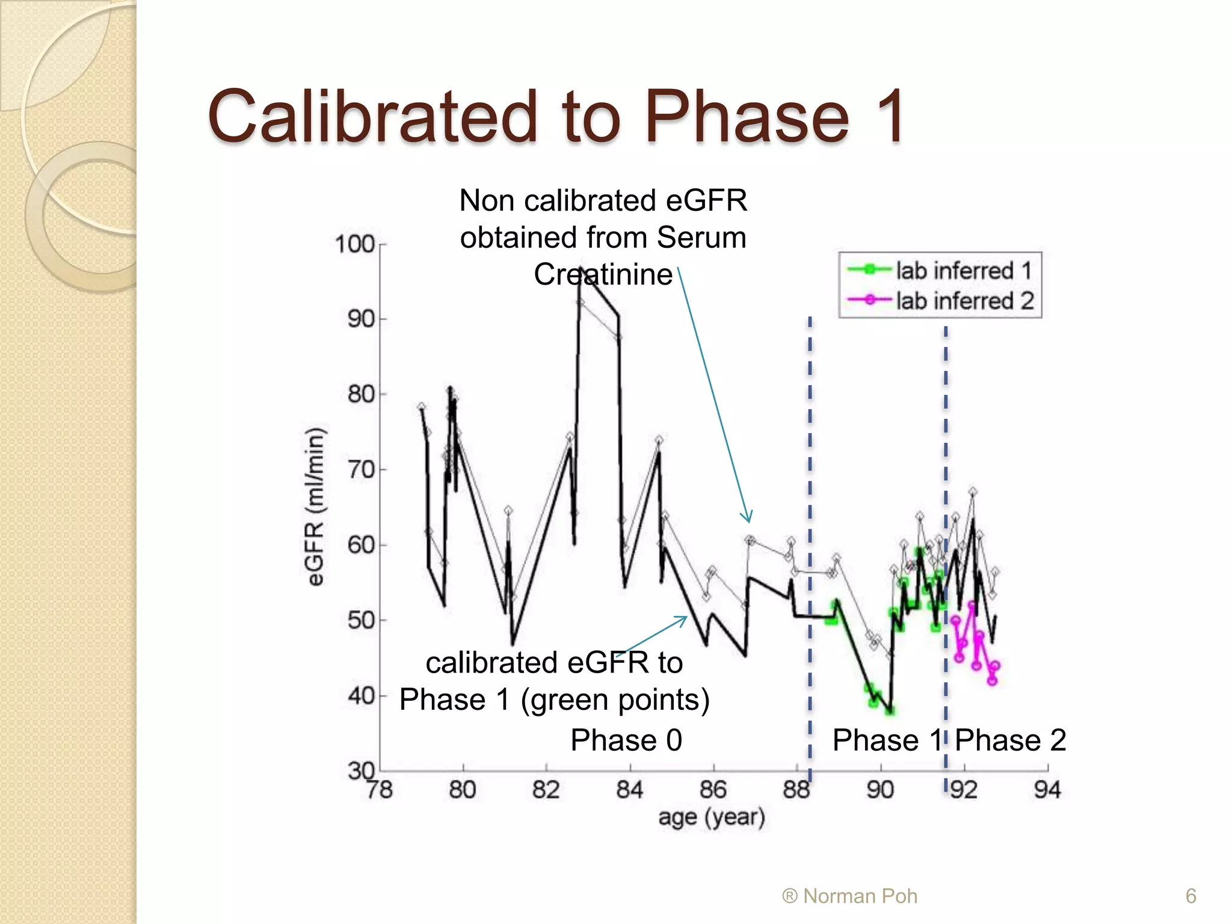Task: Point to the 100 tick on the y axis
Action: (x=355, y=244)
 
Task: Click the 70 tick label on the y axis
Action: (x=361, y=470)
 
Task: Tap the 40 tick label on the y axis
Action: (x=361, y=696)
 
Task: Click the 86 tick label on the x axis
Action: (x=713, y=790)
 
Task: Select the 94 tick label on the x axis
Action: (x=1047, y=790)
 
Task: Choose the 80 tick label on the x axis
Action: (x=462, y=790)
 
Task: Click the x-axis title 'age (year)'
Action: (x=712, y=818)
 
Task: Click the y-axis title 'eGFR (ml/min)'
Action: (x=315, y=507)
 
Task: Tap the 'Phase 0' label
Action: (x=626, y=740)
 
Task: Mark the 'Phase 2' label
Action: (x=1011, y=740)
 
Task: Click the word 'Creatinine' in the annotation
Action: (x=603, y=274)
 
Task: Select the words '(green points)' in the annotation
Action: (x=615, y=700)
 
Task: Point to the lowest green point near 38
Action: (x=890, y=711)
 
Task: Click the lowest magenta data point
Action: (x=992, y=681)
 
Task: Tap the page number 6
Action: (x=1190, y=896)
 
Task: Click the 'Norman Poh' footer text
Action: (x=860, y=896)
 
